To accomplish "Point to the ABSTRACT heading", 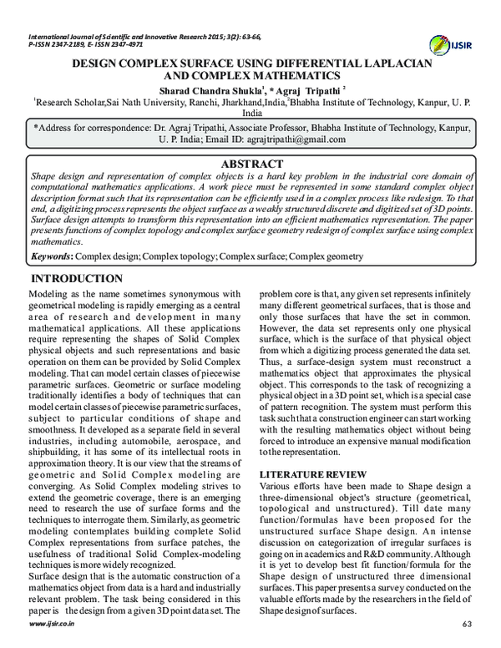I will [252, 165].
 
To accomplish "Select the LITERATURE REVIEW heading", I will [311, 474].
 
